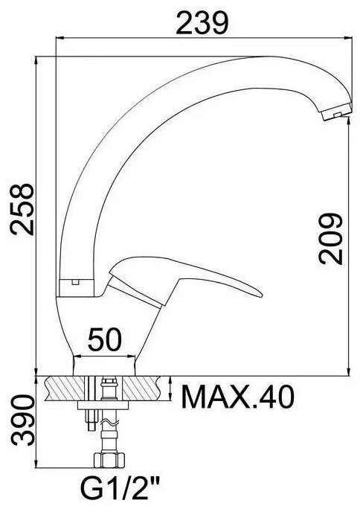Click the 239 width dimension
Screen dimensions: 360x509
tap(202, 23)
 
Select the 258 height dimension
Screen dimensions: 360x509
tap(22, 209)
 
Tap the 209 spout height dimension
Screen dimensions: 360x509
tap(330, 238)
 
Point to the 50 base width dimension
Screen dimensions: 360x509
tap(104, 339)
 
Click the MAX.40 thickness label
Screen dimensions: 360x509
tap(238, 397)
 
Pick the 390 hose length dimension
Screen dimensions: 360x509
tap(22, 420)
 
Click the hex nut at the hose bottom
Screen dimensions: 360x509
tap(109, 460)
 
